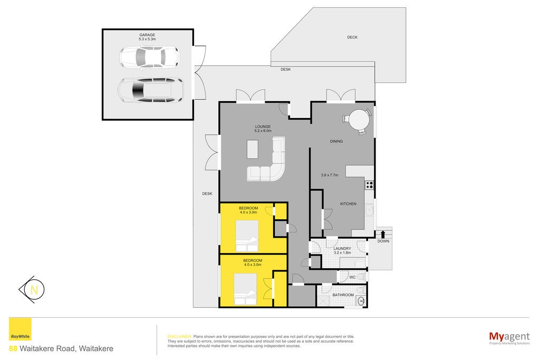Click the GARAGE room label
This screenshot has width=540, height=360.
[147, 35]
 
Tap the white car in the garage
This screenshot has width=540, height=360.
[149, 56]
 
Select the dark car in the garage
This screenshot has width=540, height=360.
[150, 90]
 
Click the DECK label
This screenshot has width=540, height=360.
[352, 37]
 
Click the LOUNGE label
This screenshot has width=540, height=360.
[263, 127]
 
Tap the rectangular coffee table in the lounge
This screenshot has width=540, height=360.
[253, 149]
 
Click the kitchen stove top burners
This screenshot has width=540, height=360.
[369, 185]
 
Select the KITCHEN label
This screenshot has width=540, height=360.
[348, 204]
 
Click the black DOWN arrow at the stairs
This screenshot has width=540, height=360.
[383, 235]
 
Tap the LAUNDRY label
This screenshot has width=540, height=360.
[342, 248]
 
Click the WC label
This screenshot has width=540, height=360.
[352, 277]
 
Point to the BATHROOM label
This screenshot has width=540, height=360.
[343, 295]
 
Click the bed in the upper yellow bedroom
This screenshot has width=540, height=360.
[247, 236]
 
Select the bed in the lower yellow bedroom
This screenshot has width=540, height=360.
[245, 289]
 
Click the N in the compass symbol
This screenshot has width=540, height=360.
[34, 290]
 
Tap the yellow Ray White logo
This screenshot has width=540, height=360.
[20, 329]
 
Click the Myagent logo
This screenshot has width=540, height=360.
[509, 338]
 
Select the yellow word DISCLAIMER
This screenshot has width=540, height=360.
[179, 337]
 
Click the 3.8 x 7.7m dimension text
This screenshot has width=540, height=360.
[330, 175]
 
